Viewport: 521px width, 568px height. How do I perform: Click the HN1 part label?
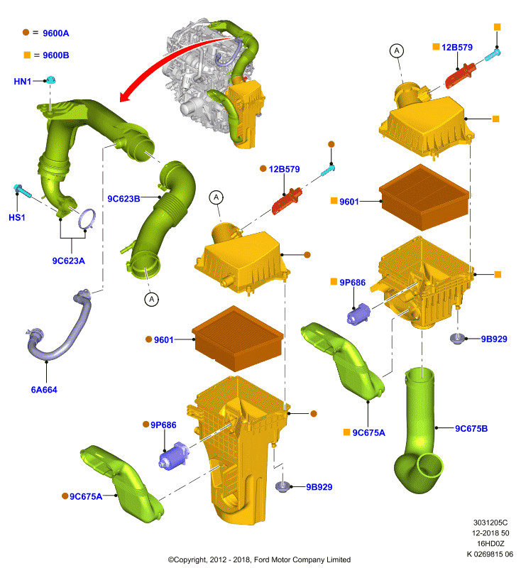click(23, 82)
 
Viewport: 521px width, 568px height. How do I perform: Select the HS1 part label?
click(17, 217)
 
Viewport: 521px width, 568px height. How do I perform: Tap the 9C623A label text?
click(68, 261)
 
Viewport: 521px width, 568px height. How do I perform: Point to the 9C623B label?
click(124, 199)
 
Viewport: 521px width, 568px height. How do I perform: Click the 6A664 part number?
click(44, 390)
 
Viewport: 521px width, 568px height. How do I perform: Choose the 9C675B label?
click(471, 429)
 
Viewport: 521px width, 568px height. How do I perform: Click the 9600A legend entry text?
click(56, 33)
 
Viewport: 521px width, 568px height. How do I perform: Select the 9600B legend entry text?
click(56, 55)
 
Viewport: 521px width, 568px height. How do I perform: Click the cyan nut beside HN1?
click(50, 80)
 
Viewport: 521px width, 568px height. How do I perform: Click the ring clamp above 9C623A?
click(87, 219)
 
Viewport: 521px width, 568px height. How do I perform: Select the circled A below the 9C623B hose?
click(151, 299)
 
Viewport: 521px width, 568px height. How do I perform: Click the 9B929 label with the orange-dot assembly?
click(319, 487)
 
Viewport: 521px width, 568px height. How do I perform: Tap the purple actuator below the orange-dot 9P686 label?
click(173, 455)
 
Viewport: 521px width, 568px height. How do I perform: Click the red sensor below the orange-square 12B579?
click(460, 76)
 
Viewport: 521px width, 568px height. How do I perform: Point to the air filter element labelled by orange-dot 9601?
click(238, 339)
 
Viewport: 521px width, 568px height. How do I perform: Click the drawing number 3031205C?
click(490, 523)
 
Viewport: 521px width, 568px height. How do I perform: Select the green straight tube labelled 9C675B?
click(419, 431)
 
